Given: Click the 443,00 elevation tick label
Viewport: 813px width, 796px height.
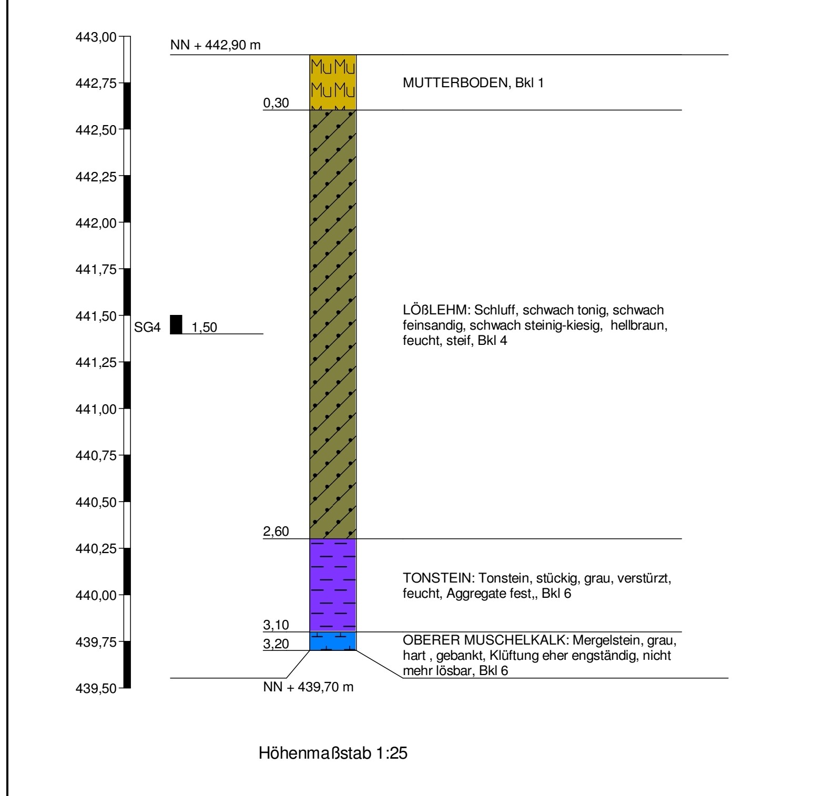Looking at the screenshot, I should (96, 37).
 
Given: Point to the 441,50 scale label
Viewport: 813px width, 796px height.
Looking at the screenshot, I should (96, 316).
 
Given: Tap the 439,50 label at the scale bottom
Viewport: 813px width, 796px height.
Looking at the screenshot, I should (96, 688).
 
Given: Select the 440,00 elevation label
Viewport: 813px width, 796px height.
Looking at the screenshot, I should (96, 595).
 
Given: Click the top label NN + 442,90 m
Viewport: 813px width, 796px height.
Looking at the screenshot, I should (215, 45).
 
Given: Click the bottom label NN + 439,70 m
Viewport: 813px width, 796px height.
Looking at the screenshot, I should (308, 687).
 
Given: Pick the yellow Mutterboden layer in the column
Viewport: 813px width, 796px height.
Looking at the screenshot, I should (333, 82).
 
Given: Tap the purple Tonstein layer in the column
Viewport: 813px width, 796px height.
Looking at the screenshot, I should (333, 585).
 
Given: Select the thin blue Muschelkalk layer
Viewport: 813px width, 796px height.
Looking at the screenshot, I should (333, 641).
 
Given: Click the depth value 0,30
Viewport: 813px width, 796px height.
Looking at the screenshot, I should (276, 103).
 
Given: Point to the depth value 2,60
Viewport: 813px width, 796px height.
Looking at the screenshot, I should (276, 532).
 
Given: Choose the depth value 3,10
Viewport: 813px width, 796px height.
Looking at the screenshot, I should (276, 625).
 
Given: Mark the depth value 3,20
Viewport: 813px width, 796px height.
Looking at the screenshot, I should (276, 644).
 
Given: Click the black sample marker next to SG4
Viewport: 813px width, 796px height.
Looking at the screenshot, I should (176, 324).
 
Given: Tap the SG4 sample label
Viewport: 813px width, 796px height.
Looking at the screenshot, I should (147, 328).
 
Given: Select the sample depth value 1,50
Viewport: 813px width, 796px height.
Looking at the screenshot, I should (204, 328).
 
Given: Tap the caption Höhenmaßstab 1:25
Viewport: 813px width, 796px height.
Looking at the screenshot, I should (333, 753).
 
